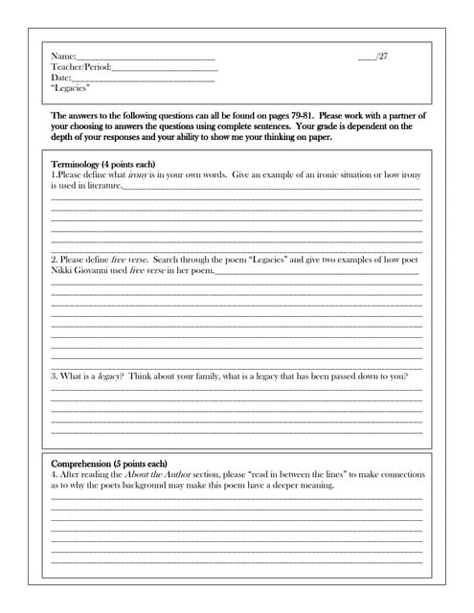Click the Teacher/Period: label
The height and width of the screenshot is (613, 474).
[81, 68]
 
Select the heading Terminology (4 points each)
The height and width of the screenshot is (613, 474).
[102, 165]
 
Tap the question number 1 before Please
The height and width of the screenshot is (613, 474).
[53, 175]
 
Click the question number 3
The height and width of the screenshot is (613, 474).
[53, 376]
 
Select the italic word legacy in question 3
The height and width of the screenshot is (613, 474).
[109, 376]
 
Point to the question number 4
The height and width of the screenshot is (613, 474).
[53, 474]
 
